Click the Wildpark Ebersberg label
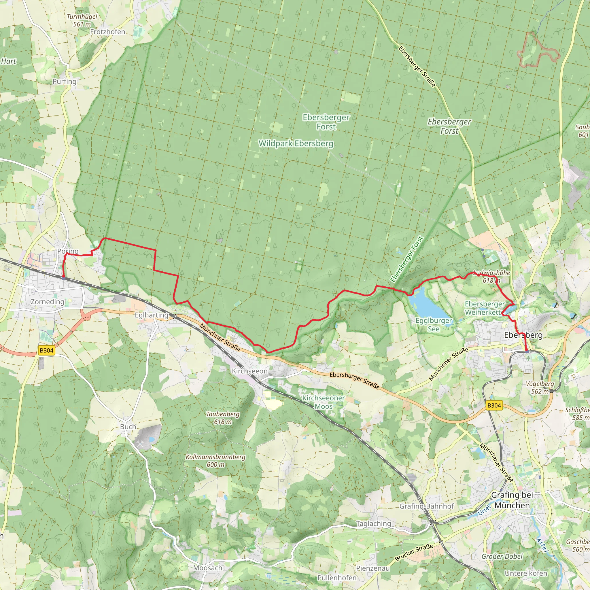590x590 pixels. [296, 143]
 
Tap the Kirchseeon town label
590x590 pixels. [249, 371]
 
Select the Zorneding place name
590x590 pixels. [48, 302]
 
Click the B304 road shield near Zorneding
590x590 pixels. [46, 350]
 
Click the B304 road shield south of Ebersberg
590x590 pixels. [494, 405]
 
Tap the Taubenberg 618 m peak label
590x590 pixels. [223, 418]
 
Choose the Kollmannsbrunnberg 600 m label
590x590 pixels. [215, 461]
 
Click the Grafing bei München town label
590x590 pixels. [512, 500]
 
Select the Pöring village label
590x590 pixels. [68, 251]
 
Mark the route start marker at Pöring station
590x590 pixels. [63, 278]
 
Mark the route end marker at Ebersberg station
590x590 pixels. [527, 352]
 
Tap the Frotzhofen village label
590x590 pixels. [107, 32]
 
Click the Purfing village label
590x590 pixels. [65, 82]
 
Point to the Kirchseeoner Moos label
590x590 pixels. [323, 402]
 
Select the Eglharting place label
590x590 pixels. [152, 315]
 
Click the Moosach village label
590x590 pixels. [208, 568]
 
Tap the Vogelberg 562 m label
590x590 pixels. [540, 387]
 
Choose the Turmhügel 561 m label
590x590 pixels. [82, 20]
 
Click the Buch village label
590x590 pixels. [128, 427]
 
